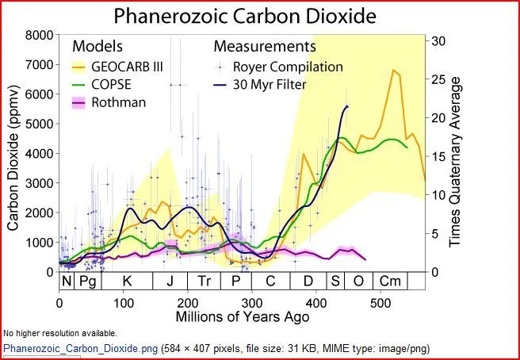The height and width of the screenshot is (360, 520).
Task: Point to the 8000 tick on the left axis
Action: (40, 35)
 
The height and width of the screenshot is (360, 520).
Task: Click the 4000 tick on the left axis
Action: (40, 153)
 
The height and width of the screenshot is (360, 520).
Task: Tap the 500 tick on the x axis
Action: (380, 303)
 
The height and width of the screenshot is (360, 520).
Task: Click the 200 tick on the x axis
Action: (188, 303)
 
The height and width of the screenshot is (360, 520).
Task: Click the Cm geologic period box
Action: (390, 281)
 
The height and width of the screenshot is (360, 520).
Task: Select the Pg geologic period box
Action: (88, 281)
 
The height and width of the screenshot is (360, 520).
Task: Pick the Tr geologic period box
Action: (204, 281)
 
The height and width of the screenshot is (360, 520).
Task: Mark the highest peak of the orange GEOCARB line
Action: (393, 70)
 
